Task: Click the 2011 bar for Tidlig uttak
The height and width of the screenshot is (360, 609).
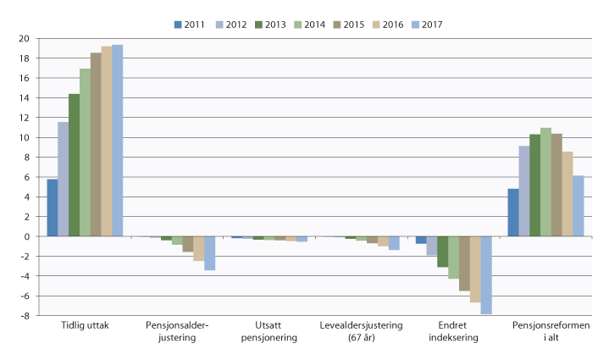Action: click(x=53, y=208)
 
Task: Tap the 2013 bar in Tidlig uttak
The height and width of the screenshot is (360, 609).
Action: click(x=75, y=165)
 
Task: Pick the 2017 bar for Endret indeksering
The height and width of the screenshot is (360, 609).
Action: click(x=486, y=275)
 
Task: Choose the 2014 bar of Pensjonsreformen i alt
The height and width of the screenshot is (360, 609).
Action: click(x=545, y=182)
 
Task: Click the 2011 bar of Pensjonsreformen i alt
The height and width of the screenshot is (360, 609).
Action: click(x=513, y=213)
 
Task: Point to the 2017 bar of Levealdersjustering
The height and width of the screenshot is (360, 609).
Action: click(x=394, y=243)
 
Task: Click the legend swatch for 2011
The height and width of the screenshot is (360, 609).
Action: click(x=179, y=25)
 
